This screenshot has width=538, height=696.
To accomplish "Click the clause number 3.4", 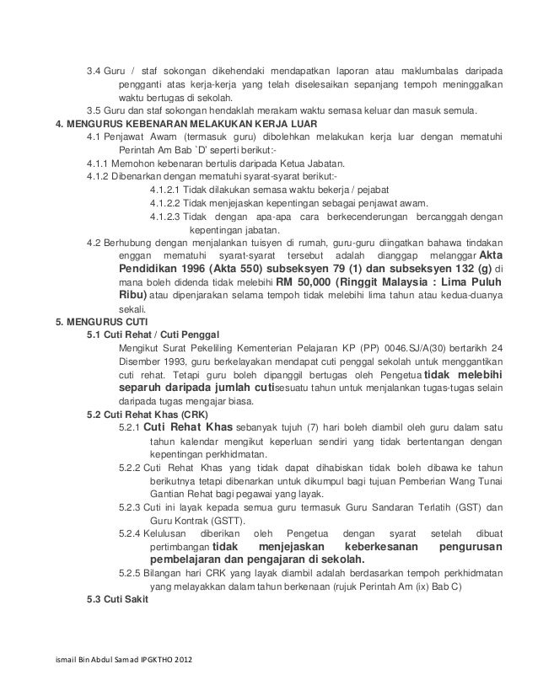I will coord(94,69).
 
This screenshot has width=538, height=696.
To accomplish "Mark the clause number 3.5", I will coord(94,110).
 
